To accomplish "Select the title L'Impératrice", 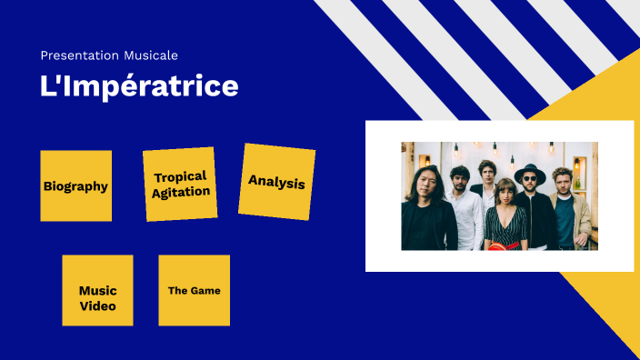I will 139,86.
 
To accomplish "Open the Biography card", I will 75,186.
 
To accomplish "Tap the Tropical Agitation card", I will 180,184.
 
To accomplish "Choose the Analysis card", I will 276,182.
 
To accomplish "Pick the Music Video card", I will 97,290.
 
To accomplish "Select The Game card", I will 194,290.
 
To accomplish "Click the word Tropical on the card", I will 180,176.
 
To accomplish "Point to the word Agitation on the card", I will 181,192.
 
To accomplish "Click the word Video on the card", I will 97,305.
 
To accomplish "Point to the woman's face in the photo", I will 505,192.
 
